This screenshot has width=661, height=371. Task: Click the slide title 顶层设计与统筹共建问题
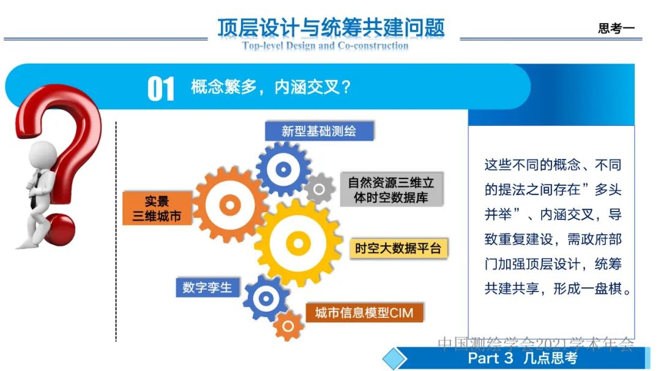point(331,28)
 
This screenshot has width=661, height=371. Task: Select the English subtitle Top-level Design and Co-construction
point(325,45)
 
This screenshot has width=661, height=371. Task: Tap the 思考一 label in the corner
point(616,28)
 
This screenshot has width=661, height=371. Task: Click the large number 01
point(160,89)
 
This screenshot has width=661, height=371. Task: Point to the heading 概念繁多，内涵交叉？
point(271,87)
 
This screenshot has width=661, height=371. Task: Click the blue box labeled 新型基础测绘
point(319,131)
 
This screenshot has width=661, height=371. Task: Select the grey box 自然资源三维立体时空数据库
point(391,189)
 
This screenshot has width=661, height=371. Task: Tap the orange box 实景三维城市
point(157,208)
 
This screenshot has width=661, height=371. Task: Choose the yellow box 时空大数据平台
point(398,248)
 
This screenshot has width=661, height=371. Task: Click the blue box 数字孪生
point(207,287)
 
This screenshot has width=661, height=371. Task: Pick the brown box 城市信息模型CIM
point(364,312)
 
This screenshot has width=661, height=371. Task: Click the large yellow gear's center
point(298,243)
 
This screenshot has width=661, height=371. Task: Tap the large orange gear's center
point(230,205)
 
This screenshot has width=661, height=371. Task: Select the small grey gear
point(319,189)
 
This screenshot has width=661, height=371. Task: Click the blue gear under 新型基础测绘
point(283,169)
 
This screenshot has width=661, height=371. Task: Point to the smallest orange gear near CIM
point(288,326)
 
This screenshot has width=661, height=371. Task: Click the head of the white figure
point(43,155)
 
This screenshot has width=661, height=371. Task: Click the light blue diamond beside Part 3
point(395,359)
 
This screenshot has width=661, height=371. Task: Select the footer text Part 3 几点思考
point(522,358)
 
